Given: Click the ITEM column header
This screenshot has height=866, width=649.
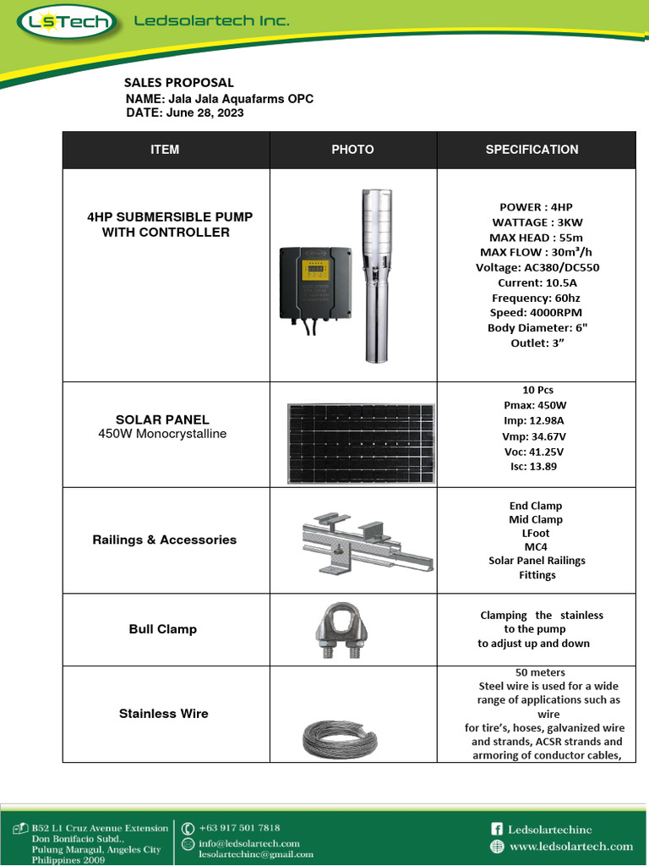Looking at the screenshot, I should [x=165, y=150].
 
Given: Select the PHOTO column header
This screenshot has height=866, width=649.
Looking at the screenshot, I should [x=352, y=150].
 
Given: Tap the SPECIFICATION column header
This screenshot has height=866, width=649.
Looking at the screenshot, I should [x=532, y=150].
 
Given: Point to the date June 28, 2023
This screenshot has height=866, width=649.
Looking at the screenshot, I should [x=205, y=112].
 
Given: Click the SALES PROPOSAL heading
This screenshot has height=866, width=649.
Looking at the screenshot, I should [x=179, y=83].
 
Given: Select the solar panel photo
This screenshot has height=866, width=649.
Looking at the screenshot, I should [x=352, y=434].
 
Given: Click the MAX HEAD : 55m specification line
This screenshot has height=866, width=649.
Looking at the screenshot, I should [x=536, y=238].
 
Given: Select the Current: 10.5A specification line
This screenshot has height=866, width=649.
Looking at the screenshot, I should [x=537, y=282].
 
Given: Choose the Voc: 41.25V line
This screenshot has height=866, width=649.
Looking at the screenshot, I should [x=529, y=451].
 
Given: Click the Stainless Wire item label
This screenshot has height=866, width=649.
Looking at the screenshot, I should [x=164, y=714].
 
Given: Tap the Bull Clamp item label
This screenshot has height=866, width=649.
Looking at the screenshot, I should [x=163, y=629].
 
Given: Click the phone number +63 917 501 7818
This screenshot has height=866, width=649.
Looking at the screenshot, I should [x=239, y=828].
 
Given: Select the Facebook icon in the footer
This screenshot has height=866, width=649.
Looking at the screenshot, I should [x=497, y=830].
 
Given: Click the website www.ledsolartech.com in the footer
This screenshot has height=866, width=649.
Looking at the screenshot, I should [x=571, y=847].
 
